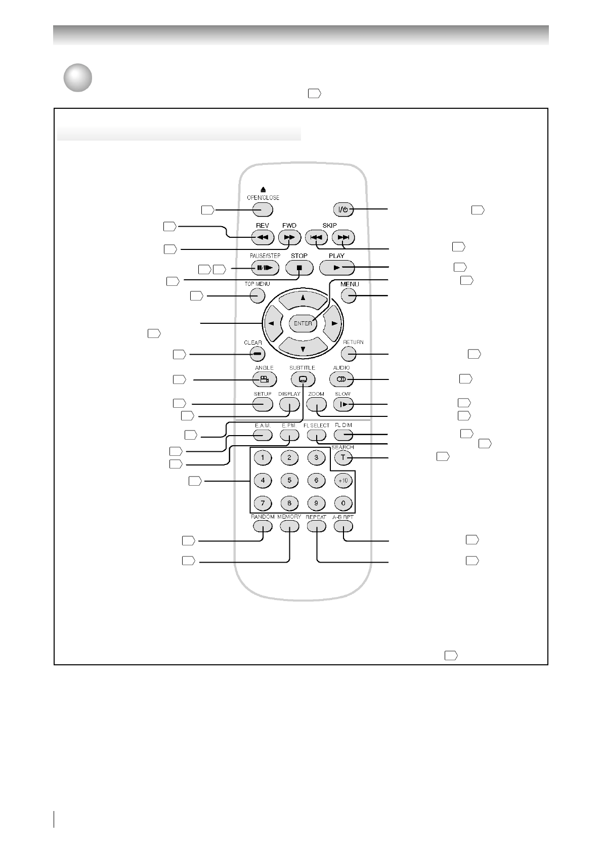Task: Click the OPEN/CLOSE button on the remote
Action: click(x=263, y=209)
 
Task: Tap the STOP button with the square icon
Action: click(x=299, y=268)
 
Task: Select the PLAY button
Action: click(x=337, y=268)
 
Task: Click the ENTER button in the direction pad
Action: click(x=303, y=323)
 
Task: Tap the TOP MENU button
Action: click(x=257, y=295)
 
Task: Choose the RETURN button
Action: click(x=349, y=354)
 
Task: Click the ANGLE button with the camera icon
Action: click(x=265, y=379)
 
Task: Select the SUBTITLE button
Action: click(x=303, y=379)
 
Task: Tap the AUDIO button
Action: click(x=341, y=379)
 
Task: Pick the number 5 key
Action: click(x=289, y=481)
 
